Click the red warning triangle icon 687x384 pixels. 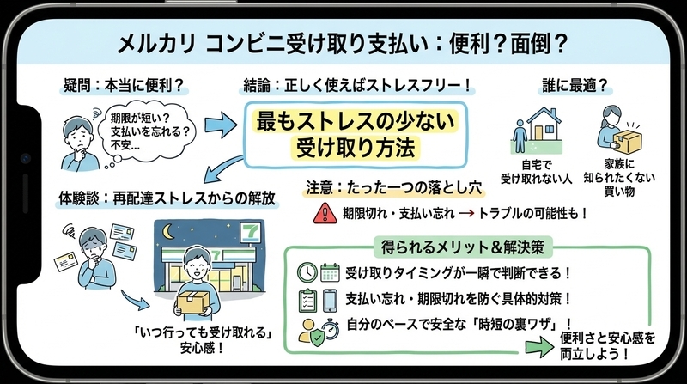(325, 214)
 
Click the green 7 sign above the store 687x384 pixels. (250, 232)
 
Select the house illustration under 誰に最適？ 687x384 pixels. (544, 125)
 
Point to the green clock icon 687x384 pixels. (307, 272)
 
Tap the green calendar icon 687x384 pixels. (330, 272)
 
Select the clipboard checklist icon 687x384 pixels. (307, 301)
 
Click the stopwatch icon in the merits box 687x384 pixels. (331, 330)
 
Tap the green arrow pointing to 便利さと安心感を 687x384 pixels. (540, 347)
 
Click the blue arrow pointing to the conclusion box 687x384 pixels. (221, 125)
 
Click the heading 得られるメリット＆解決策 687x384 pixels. (463, 247)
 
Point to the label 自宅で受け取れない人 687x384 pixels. (537, 172)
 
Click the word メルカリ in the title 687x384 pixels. (156, 44)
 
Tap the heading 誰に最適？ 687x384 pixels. (575, 86)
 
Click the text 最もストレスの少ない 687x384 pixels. (356, 121)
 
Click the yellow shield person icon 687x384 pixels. (311, 332)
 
